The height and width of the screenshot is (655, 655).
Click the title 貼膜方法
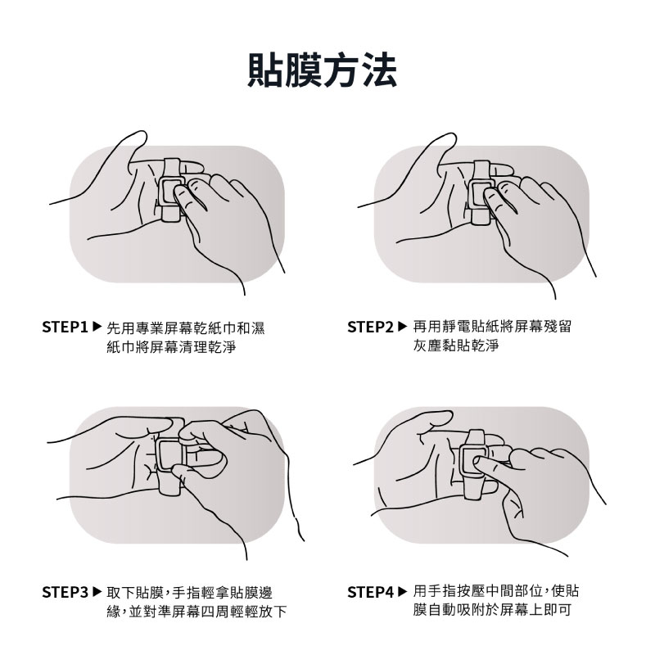tap(322, 70)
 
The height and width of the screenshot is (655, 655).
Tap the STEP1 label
tap(65, 327)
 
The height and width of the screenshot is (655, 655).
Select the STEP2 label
tap(371, 327)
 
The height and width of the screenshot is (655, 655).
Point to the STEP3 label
tap(65, 592)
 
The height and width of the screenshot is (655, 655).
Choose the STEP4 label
tap(371, 592)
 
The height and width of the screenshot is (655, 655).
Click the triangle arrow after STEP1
tap(97, 326)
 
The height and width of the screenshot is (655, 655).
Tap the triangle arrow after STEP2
tap(402, 326)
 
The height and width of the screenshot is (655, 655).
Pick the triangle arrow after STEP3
tap(97, 591)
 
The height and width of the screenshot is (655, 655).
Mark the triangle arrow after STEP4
tap(402, 591)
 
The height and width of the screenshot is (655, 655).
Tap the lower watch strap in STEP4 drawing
tap(474, 490)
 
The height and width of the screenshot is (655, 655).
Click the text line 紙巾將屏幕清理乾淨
tap(171, 346)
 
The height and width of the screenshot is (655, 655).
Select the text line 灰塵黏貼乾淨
tap(456, 345)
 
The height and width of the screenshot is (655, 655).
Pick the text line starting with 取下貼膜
tap(190, 592)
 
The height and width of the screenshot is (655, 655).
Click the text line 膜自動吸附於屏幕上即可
tap(492, 609)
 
